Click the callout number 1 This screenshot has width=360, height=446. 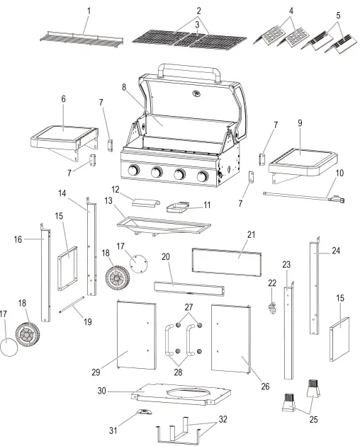(x=89, y=10)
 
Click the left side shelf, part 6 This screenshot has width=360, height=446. (x=64, y=132)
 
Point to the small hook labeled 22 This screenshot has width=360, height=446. (x=270, y=307)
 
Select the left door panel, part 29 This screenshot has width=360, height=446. (x=135, y=335)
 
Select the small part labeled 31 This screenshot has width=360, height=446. (x=144, y=413)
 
